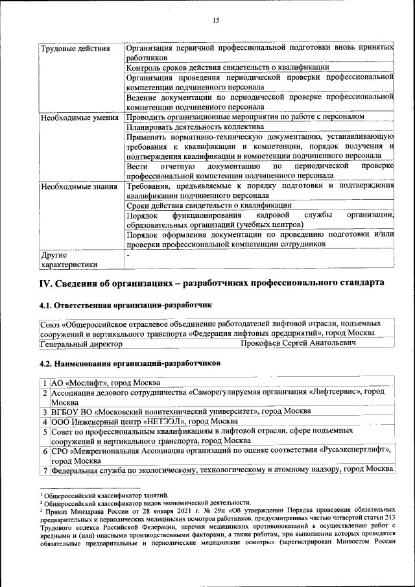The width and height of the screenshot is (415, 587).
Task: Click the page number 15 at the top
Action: click(x=216, y=21)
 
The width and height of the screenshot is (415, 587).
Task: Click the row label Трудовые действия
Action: click(x=71, y=49)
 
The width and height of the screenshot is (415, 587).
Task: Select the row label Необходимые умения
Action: click(x=79, y=118)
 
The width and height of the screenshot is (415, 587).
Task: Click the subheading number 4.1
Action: click(x=46, y=304)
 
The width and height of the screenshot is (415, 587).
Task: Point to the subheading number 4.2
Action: click(x=46, y=363)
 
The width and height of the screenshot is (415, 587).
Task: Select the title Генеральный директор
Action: click(x=81, y=342)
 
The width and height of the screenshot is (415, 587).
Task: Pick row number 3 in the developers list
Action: click(x=45, y=411)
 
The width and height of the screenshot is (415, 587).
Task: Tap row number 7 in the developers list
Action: click(x=45, y=470)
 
